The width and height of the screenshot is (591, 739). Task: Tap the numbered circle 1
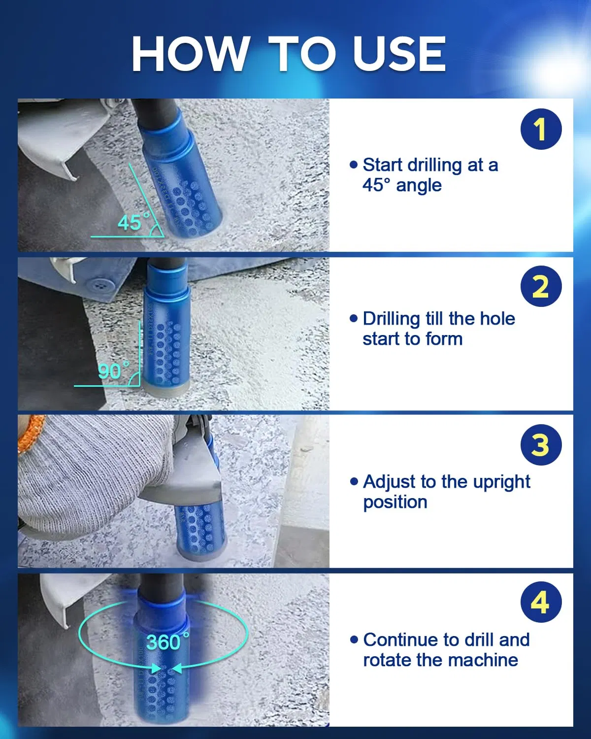tap(541, 129)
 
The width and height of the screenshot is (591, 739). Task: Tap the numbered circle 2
tap(541, 286)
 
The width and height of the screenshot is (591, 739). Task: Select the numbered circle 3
tap(541, 445)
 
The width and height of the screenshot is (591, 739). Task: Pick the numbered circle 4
tap(541, 602)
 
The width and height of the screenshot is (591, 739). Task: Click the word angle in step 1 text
tap(419, 186)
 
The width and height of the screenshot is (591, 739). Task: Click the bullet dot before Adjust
tap(354, 481)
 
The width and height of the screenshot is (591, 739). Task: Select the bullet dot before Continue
tap(354, 639)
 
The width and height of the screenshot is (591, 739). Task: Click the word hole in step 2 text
tap(498, 319)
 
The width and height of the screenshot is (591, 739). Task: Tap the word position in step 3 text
tap(395, 502)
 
